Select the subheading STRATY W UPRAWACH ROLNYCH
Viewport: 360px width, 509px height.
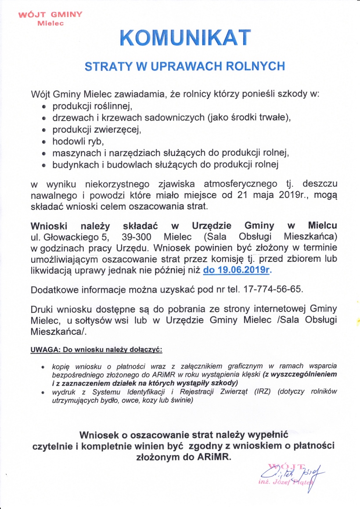(185, 66)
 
